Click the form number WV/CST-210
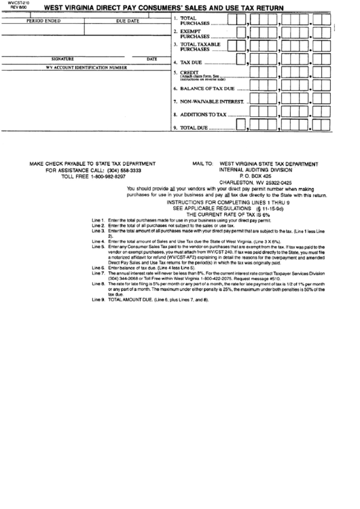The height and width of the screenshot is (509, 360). (x=12, y=3)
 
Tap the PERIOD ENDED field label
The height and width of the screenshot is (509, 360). (x=43, y=21)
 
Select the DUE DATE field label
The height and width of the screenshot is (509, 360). (x=128, y=21)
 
